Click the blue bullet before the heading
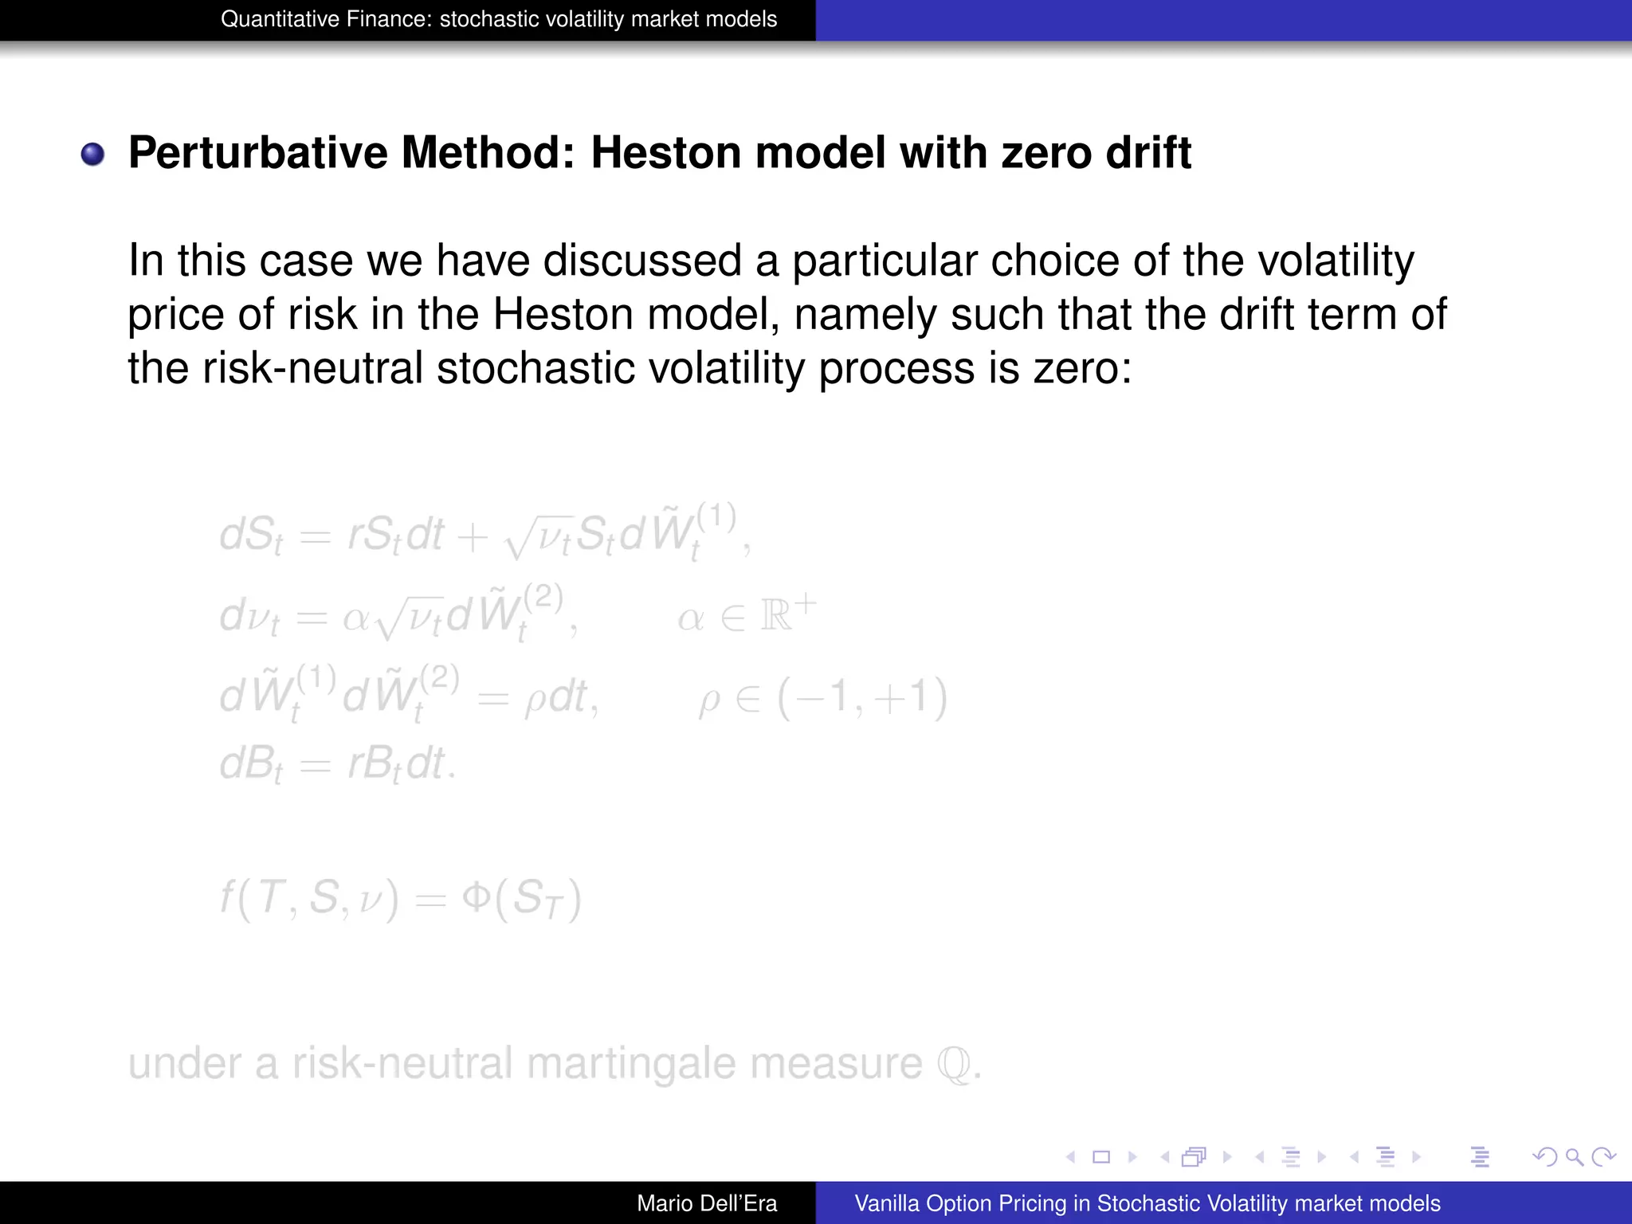92,153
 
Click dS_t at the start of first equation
250,535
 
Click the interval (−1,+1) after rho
862,698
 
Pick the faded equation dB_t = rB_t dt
338,765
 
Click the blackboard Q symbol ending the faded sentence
955,1064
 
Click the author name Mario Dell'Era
706,1203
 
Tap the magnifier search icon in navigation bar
1574,1157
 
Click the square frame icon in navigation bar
1101,1157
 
